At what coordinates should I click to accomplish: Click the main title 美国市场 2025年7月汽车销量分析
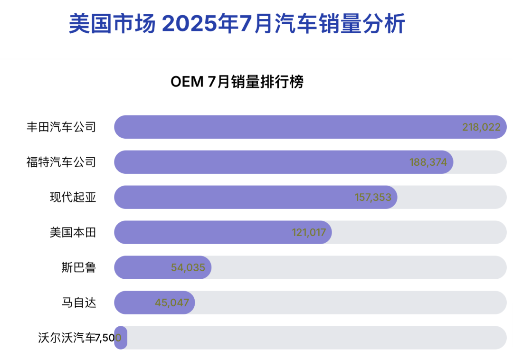pyautogui.click(x=237, y=24)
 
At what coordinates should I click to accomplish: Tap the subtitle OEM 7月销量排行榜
pyautogui.click(x=237, y=82)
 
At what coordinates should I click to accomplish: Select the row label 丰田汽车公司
pyautogui.click(x=61, y=127)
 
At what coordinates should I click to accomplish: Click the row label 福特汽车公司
pyautogui.click(x=61, y=162)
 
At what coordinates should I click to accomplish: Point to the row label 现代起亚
pyautogui.click(x=73, y=197)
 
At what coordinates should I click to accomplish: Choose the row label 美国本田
pyautogui.click(x=73, y=232)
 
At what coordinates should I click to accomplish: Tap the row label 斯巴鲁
pyautogui.click(x=79, y=267)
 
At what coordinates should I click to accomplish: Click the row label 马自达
pyautogui.click(x=79, y=303)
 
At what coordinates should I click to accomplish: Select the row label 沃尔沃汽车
pyautogui.click(x=67, y=338)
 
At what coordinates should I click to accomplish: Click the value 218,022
pyautogui.click(x=481, y=127)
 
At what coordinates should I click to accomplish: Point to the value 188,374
pyautogui.click(x=428, y=162)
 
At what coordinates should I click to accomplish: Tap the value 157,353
pyautogui.click(x=373, y=198)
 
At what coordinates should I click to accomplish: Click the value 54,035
pyautogui.click(x=188, y=268)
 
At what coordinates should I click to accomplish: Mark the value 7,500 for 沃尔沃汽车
pyautogui.click(x=109, y=338)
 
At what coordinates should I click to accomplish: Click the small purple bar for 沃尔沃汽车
pyautogui.click(x=121, y=338)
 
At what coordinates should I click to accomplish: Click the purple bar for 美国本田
pyautogui.click(x=199, y=232)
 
